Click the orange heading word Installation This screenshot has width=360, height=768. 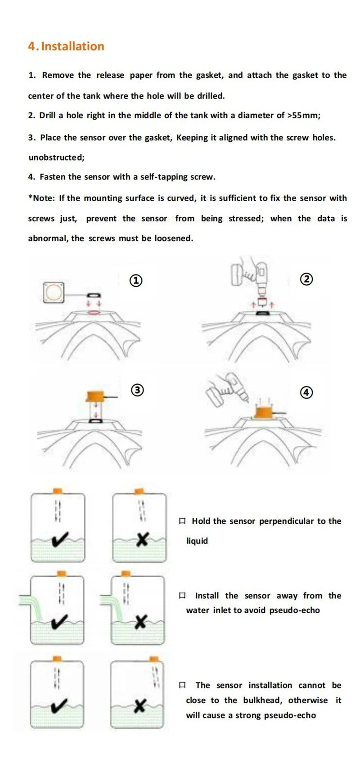[x=72, y=46]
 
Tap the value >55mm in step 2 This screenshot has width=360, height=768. [x=303, y=115]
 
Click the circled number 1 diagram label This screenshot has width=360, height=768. [x=136, y=281]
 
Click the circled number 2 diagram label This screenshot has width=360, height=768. [x=306, y=279]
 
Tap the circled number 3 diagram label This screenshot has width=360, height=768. [x=137, y=390]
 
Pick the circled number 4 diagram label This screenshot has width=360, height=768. [x=306, y=392]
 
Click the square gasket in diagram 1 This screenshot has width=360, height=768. [x=55, y=292]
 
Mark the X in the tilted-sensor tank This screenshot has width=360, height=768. [x=142, y=539]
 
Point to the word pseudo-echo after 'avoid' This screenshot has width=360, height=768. [x=295, y=610]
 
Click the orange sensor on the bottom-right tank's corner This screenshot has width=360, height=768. [x=155, y=659]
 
